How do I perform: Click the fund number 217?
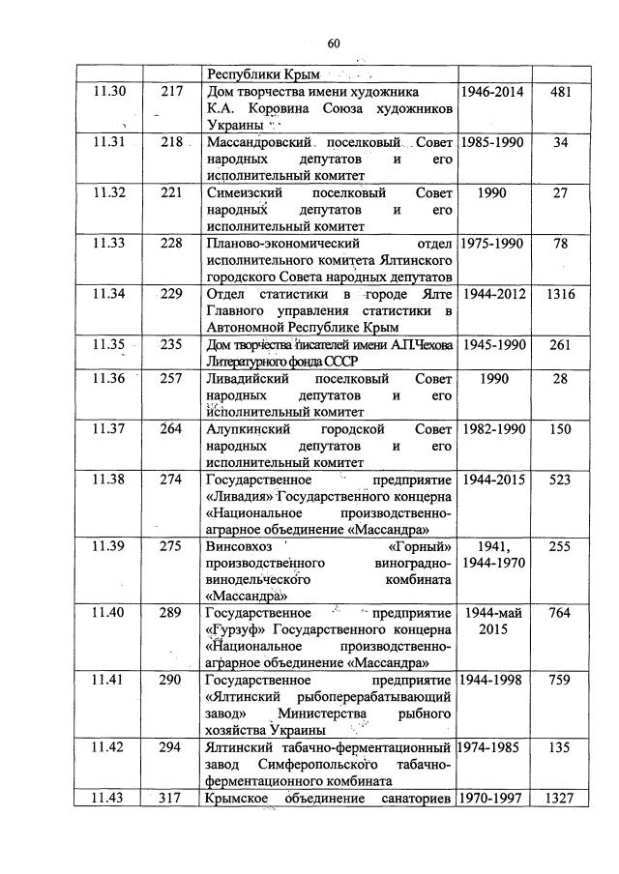coord(171,92)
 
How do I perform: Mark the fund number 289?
coord(171,612)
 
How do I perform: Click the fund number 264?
coord(171,428)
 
